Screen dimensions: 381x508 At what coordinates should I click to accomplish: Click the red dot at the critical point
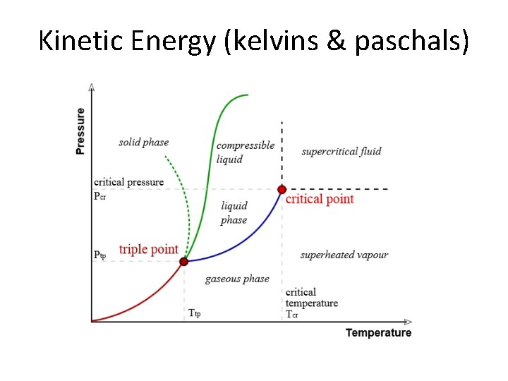click(282, 189)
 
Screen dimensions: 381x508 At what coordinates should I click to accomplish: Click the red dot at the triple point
click(183, 261)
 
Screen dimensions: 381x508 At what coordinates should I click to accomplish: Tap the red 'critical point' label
click(320, 200)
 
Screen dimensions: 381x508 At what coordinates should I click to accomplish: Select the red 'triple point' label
click(148, 250)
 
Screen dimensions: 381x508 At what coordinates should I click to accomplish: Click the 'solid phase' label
click(143, 143)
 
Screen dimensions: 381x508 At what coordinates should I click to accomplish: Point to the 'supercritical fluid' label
click(341, 151)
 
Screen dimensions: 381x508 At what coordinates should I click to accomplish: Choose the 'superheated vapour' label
click(344, 255)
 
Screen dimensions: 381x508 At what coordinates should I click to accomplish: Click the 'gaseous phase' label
click(237, 279)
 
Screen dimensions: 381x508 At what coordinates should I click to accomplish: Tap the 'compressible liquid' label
click(245, 152)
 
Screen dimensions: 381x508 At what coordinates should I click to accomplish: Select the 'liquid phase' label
click(234, 213)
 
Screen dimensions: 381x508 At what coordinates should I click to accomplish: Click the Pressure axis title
click(80, 131)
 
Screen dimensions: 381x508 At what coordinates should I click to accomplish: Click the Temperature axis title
click(378, 333)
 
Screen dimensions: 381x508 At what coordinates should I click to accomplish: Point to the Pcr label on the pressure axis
click(100, 196)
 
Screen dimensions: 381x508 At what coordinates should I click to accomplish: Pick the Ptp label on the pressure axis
click(100, 255)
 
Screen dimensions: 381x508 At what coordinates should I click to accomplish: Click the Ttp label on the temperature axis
click(194, 313)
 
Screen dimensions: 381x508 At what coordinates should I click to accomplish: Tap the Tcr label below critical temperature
click(291, 314)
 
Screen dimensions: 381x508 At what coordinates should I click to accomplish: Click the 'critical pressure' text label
click(128, 182)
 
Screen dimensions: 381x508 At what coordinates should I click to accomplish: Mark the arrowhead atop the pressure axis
click(92, 87)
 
